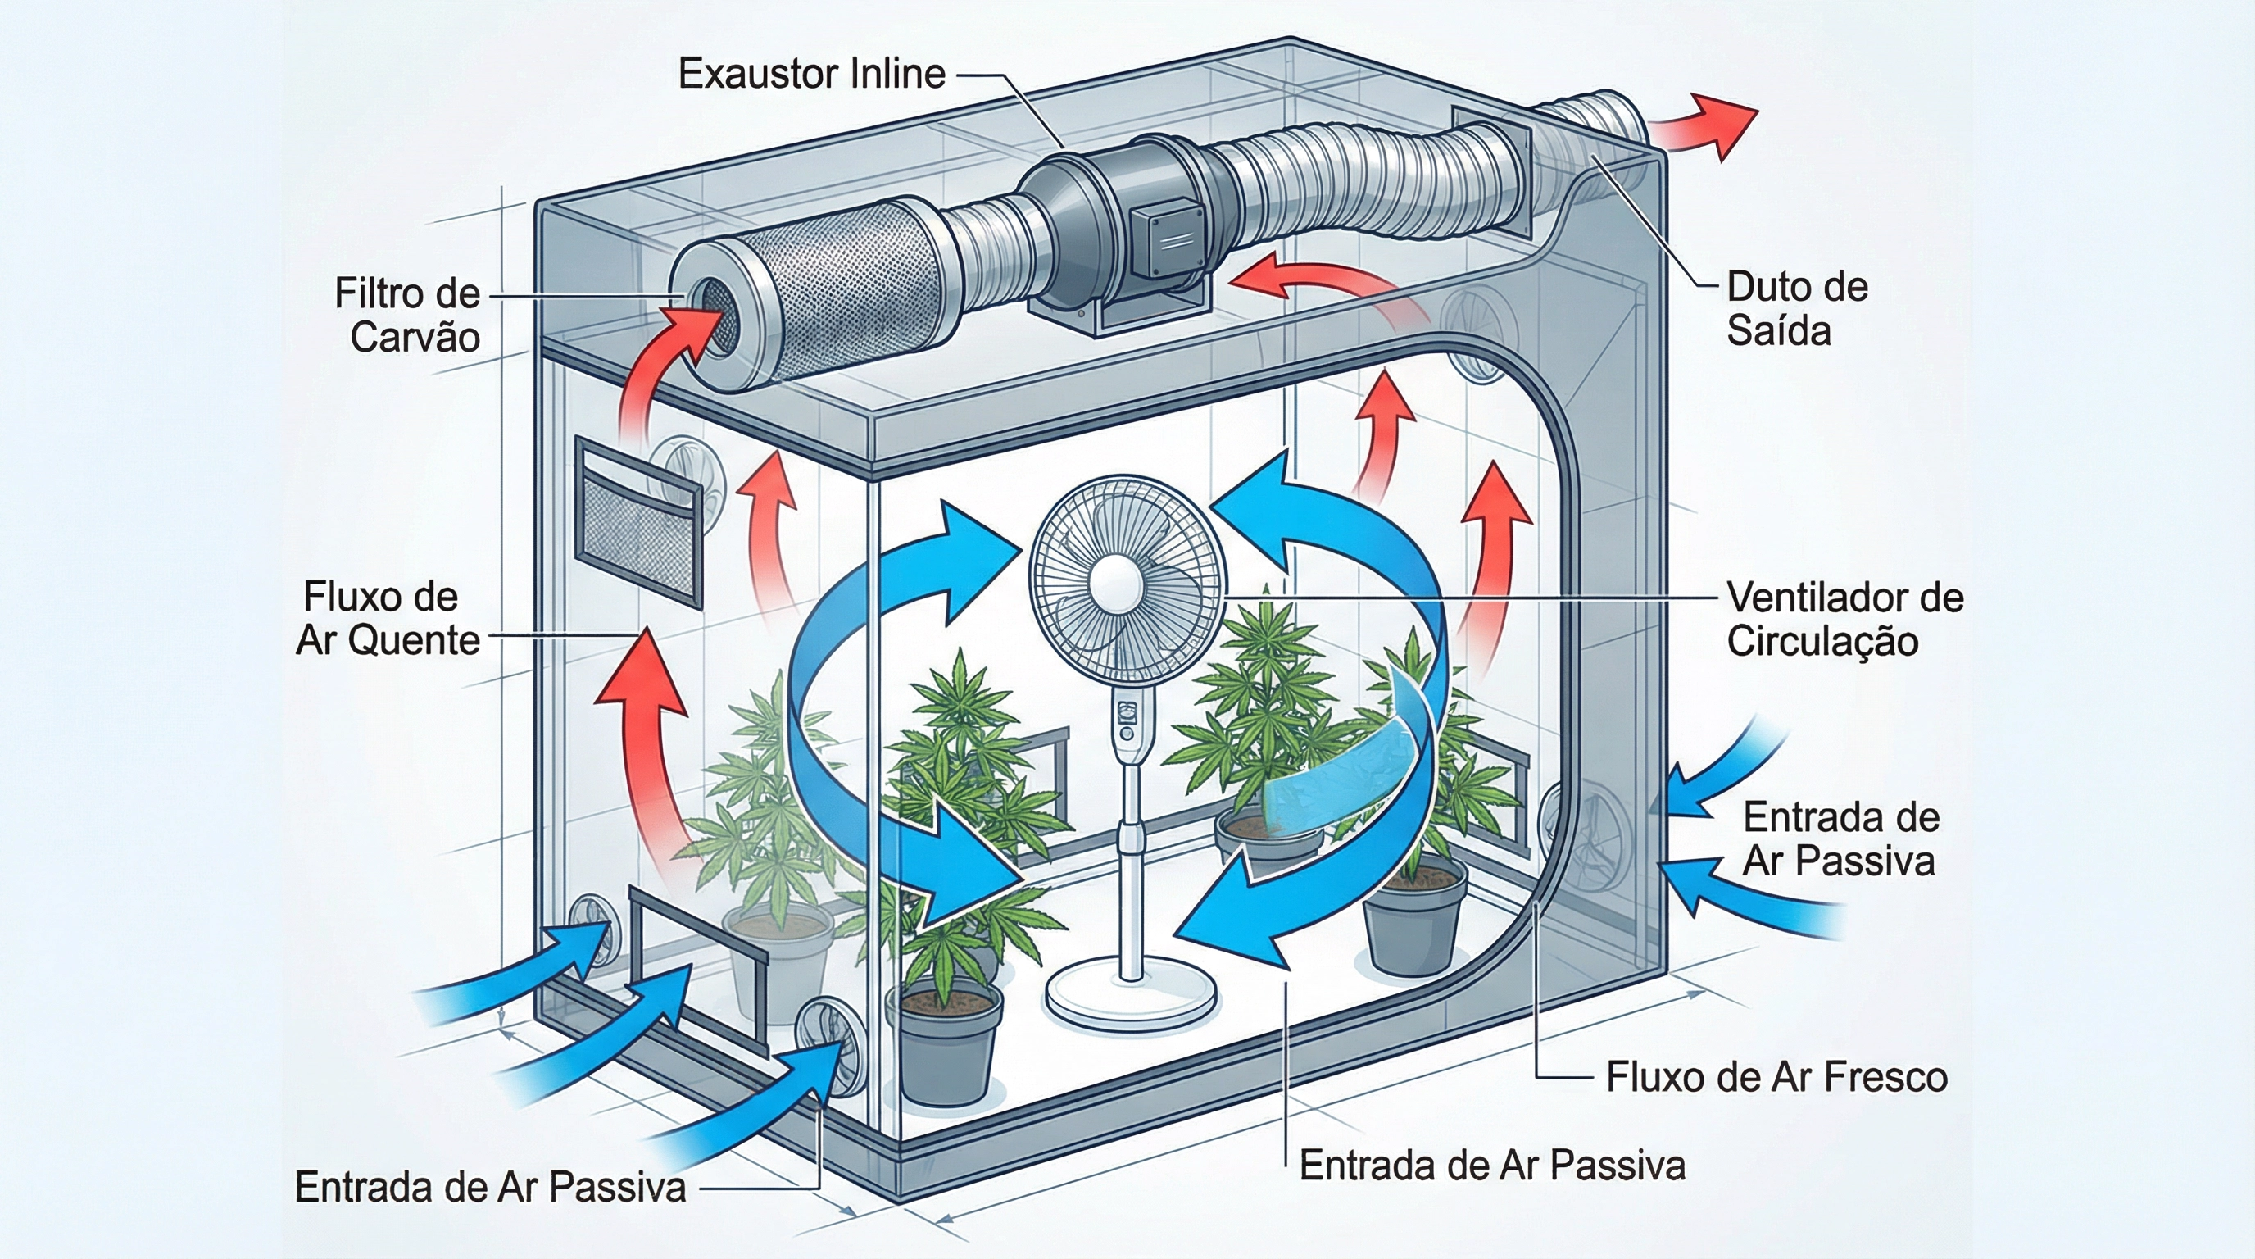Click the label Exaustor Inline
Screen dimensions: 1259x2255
click(x=811, y=74)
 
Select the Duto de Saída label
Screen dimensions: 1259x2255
click(x=1796, y=309)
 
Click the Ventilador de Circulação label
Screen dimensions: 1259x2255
click(x=1844, y=620)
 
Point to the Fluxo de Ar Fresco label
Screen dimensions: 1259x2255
click(x=1776, y=1078)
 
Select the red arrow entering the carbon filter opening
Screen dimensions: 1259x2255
click(x=656, y=368)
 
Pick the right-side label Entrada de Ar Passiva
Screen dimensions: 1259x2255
click(x=1840, y=839)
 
